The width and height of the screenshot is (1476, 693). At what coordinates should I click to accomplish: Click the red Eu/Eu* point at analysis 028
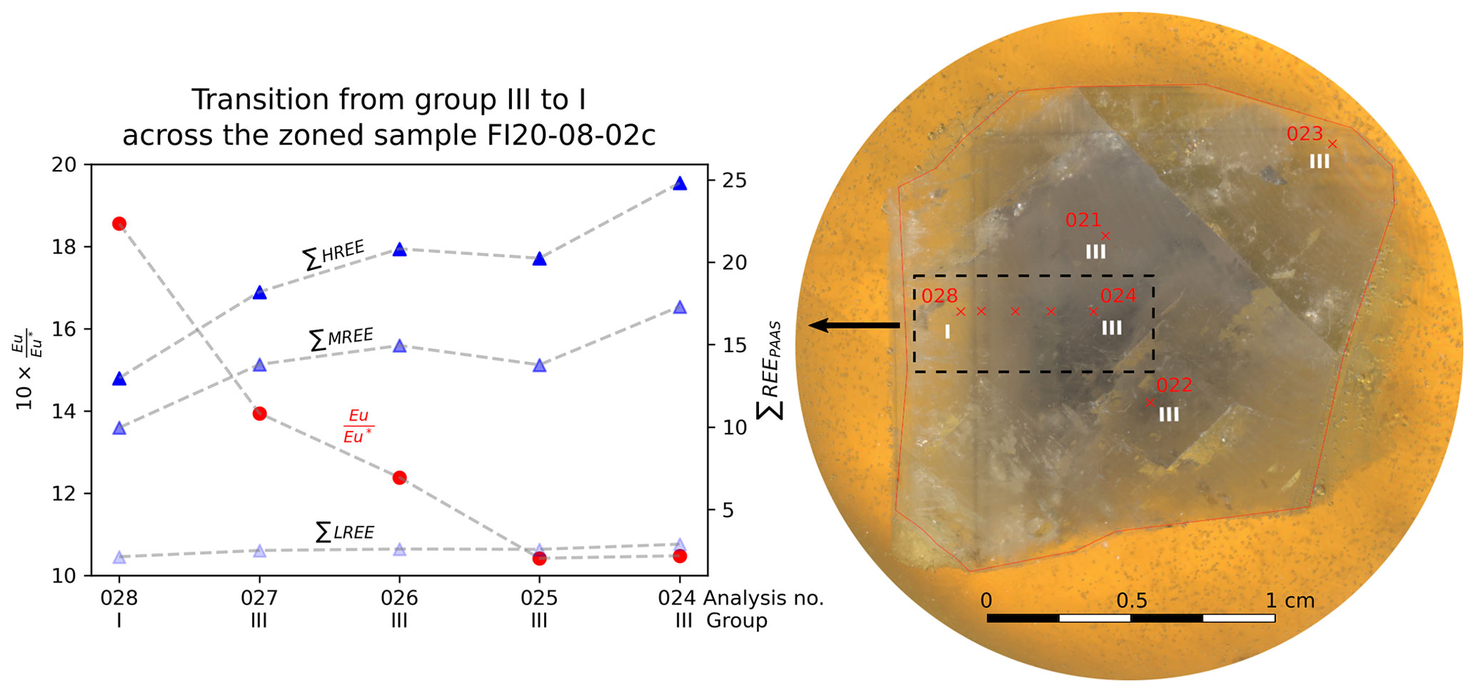(x=119, y=224)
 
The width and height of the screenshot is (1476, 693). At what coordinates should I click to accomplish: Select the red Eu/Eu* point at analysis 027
(x=259, y=414)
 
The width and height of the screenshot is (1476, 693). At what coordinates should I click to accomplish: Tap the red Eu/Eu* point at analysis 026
(x=399, y=477)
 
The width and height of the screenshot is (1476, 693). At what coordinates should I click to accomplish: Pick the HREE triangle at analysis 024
(x=679, y=184)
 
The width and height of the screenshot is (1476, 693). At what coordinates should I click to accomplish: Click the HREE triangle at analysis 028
(x=119, y=379)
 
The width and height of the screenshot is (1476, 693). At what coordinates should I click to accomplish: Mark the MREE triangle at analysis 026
(x=399, y=346)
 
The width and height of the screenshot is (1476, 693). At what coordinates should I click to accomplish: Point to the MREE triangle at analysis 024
(x=679, y=307)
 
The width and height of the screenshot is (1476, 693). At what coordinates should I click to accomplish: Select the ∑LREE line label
(x=345, y=532)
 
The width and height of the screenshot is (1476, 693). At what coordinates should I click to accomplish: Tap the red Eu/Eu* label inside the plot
(x=358, y=426)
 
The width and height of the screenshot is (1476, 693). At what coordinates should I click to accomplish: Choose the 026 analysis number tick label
(x=399, y=598)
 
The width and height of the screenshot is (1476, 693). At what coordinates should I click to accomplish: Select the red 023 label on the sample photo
(x=1304, y=134)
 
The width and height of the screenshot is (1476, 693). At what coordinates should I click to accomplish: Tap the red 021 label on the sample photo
(x=1083, y=220)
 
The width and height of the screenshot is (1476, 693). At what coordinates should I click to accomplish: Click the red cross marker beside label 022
(x=1150, y=402)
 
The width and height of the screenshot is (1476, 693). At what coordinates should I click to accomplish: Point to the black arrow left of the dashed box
(x=853, y=326)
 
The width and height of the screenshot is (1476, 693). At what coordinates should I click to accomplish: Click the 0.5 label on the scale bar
(x=1132, y=601)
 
